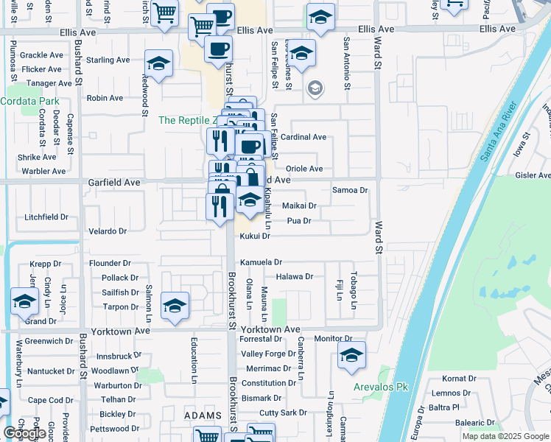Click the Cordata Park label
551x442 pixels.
click(x=32, y=100)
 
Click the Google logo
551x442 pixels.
click(x=24, y=433)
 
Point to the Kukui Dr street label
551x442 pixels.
click(x=256, y=236)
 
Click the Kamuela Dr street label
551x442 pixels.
click(x=262, y=262)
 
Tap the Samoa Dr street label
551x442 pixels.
click(x=350, y=190)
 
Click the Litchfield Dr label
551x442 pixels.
click(x=46, y=217)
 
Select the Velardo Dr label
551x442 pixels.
click(x=108, y=231)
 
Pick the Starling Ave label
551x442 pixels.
click(x=108, y=60)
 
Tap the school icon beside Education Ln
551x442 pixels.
click(x=175, y=305)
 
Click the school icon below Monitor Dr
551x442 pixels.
click(x=352, y=357)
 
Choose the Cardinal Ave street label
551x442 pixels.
click(x=303, y=137)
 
